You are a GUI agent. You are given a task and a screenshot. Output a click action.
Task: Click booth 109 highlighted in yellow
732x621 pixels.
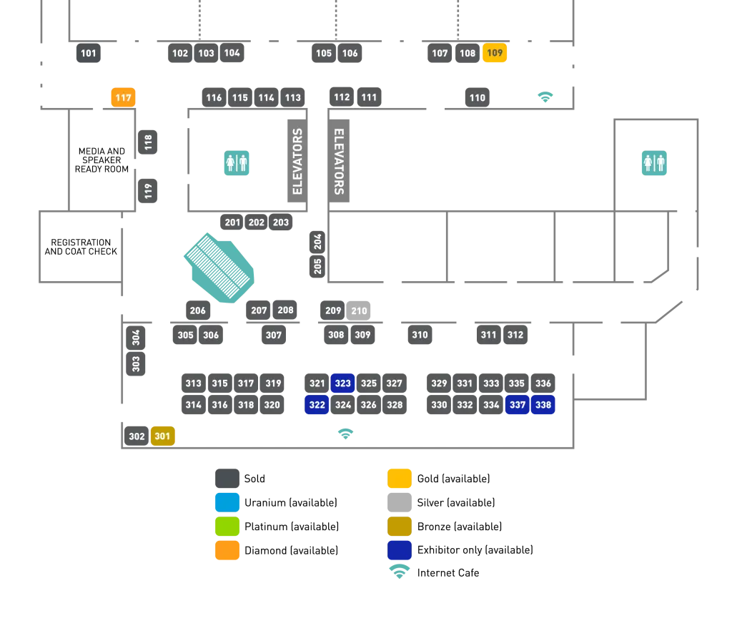click(495, 53)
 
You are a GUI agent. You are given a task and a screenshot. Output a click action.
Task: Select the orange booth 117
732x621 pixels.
click(123, 97)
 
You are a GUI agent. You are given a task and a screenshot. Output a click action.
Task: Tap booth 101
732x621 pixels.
click(89, 53)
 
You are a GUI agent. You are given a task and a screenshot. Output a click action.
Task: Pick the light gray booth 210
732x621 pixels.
click(359, 310)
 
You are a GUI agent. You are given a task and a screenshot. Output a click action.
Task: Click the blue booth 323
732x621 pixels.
click(343, 383)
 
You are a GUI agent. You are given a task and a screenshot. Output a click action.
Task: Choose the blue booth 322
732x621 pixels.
click(317, 405)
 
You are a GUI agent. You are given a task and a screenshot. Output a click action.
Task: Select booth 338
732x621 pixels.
click(543, 405)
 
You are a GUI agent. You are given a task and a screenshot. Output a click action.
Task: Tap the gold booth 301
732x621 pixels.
click(162, 436)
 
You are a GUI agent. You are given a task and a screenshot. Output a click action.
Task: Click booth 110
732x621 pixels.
click(478, 97)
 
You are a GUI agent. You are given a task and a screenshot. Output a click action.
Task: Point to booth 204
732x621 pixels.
click(317, 242)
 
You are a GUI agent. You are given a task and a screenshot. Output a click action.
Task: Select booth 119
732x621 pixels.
click(148, 191)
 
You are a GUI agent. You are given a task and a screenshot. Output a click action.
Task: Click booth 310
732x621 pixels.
click(420, 335)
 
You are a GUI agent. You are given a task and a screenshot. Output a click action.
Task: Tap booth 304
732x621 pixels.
click(136, 336)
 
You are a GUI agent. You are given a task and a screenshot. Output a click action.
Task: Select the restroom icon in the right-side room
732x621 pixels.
click(654, 163)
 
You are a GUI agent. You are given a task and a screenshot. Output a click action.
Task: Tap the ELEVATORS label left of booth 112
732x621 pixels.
click(297, 161)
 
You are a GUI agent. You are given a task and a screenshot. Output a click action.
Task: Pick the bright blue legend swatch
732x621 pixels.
click(227, 503)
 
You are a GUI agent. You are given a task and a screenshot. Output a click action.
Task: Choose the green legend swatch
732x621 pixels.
click(227, 527)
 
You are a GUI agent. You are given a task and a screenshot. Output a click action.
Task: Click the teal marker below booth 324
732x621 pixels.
click(346, 432)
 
